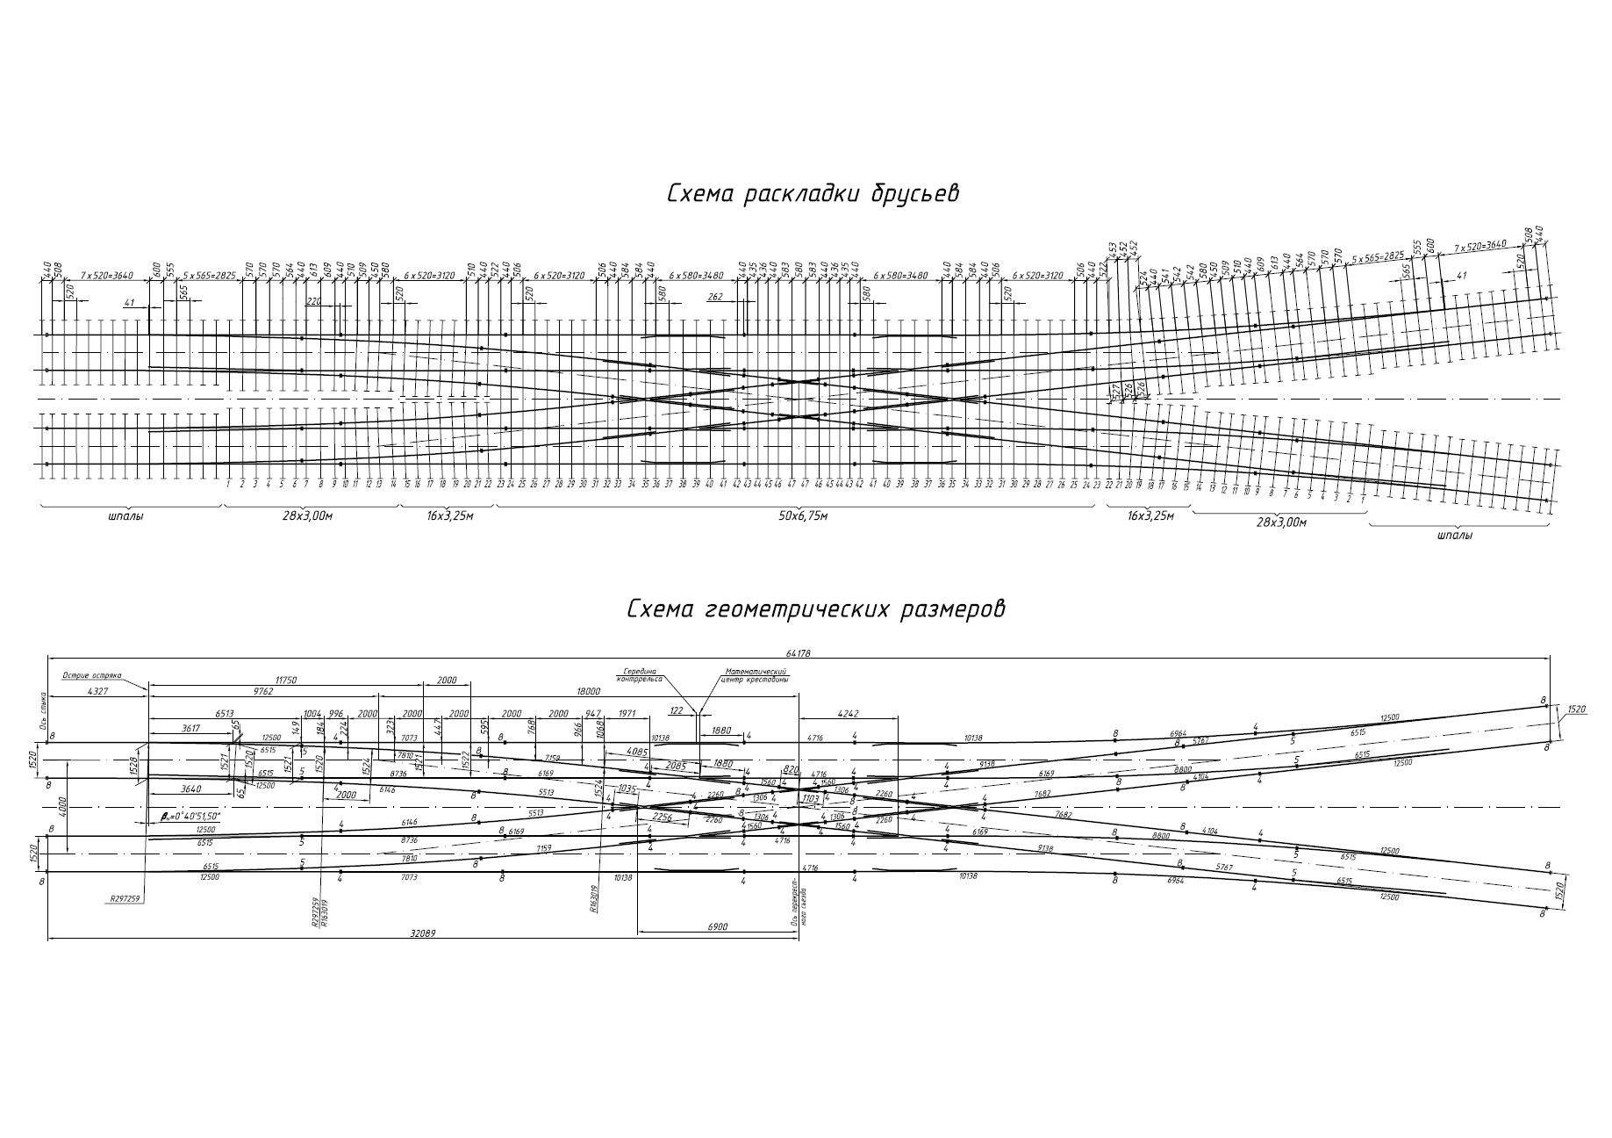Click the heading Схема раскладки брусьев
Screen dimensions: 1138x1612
(812, 193)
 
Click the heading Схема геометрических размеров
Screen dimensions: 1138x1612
(815, 609)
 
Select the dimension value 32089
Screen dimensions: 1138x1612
(424, 934)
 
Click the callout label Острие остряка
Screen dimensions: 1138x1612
(91, 676)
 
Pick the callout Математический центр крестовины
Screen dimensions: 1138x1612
(754, 675)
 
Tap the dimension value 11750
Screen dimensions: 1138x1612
(288, 680)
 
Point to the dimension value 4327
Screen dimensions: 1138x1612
(98, 691)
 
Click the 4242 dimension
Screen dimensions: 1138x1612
(849, 714)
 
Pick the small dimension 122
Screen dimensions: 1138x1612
(676, 710)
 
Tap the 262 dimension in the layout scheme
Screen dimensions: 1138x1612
(714, 297)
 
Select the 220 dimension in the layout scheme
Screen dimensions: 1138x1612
(314, 300)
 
